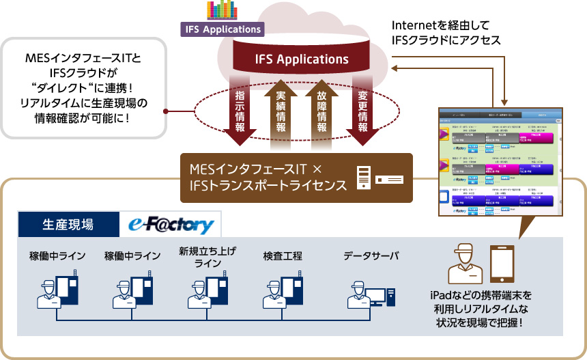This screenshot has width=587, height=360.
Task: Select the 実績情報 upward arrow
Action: click(x=280, y=113)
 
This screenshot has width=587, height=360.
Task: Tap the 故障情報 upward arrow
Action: click(x=321, y=113)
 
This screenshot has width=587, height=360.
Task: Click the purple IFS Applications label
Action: click(x=222, y=29)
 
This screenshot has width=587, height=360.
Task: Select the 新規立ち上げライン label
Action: click(x=207, y=257)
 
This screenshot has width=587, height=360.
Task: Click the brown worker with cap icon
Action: click(x=465, y=263)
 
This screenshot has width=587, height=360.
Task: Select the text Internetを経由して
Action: click(x=436, y=26)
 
